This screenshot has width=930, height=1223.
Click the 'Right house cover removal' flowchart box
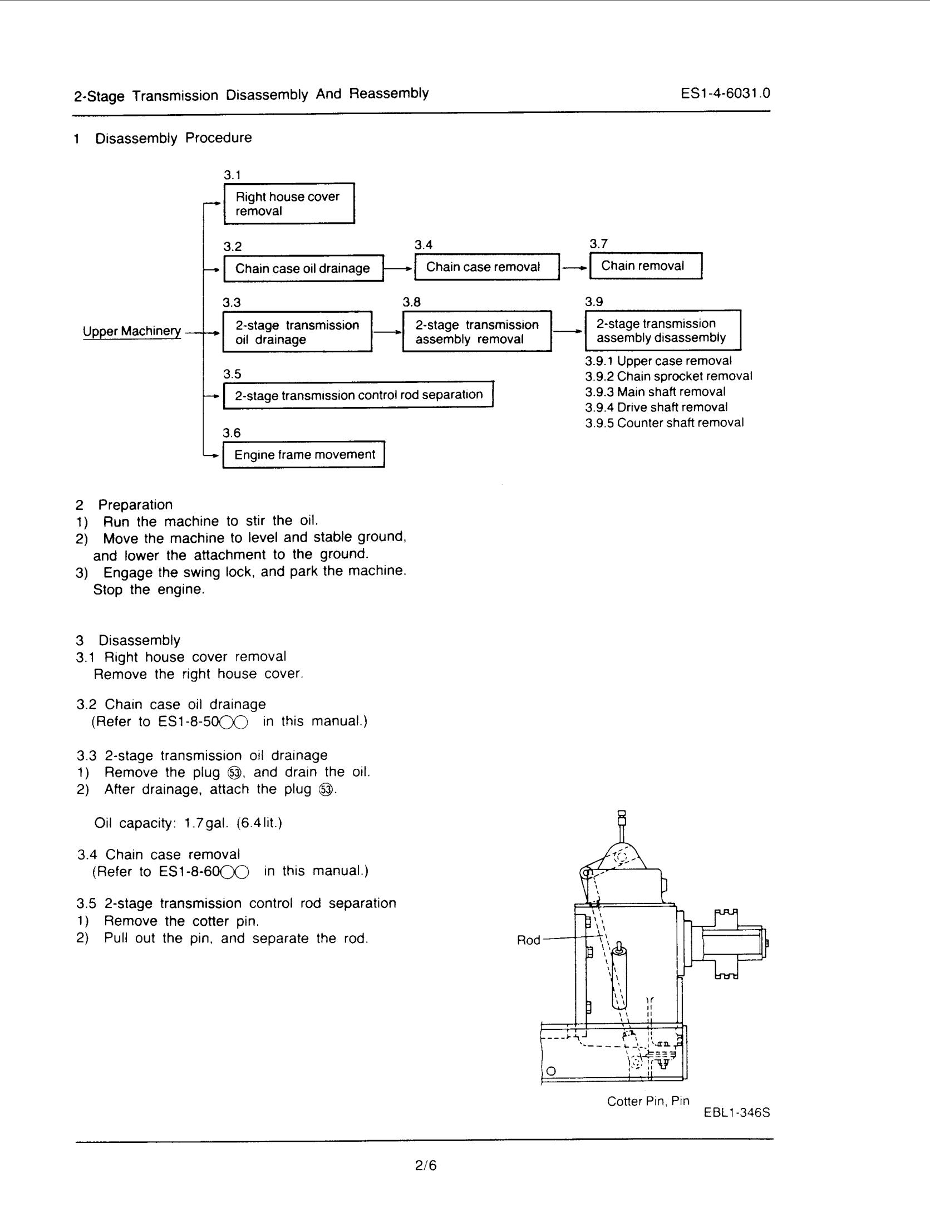point(289,204)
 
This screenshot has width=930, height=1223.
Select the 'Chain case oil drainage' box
point(303,268)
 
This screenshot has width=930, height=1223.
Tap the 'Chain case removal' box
point(486,267)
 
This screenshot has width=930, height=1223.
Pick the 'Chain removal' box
point(645,266)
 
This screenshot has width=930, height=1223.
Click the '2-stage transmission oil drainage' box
point(297,332)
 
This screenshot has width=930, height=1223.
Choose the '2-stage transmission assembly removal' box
point(477,332)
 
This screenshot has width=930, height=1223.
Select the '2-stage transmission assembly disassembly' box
point(662,331)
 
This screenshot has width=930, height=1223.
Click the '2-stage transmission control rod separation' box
point(358,395)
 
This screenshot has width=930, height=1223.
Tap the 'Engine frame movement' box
point(304,455)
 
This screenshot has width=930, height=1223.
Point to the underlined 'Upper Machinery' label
point(132,331)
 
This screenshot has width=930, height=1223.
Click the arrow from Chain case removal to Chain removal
point(574,267)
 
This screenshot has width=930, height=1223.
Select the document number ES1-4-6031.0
point(725,93)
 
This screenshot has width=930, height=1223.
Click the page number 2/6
point(426,1165)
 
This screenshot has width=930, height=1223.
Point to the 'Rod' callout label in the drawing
point(528,940)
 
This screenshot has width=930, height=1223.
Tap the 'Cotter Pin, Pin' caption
point(648,1101)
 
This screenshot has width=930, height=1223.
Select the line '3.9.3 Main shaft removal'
point(655,392)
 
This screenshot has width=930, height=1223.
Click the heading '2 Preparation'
point(125,505)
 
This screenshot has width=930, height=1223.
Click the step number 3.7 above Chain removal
point(598,243)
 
